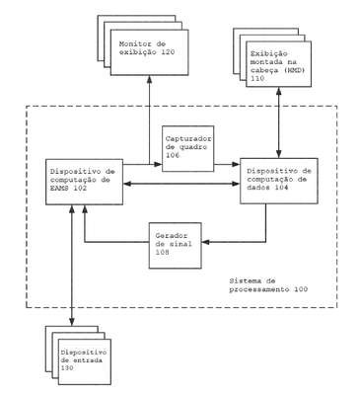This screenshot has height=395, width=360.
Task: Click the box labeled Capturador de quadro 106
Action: click(188, 148)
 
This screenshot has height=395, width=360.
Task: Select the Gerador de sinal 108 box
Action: click(175, 246)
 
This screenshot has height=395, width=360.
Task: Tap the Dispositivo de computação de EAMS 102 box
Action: click(84, 182)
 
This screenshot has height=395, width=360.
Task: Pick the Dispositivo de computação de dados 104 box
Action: click(279, 181)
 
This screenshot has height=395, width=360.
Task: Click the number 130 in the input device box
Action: click(67, 368)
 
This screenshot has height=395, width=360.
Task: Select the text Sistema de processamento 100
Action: click(268, 285)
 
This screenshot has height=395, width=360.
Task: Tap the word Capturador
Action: click(189, 138)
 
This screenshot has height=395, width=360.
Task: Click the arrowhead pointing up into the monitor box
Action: click(149, 79)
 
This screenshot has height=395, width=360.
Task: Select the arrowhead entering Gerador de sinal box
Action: click(205, 242)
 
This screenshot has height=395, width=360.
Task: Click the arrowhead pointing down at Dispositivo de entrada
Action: click(72, 323)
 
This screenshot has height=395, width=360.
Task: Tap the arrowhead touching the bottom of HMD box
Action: click(279, 90)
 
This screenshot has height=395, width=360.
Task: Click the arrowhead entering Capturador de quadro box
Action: click(159, 164)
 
